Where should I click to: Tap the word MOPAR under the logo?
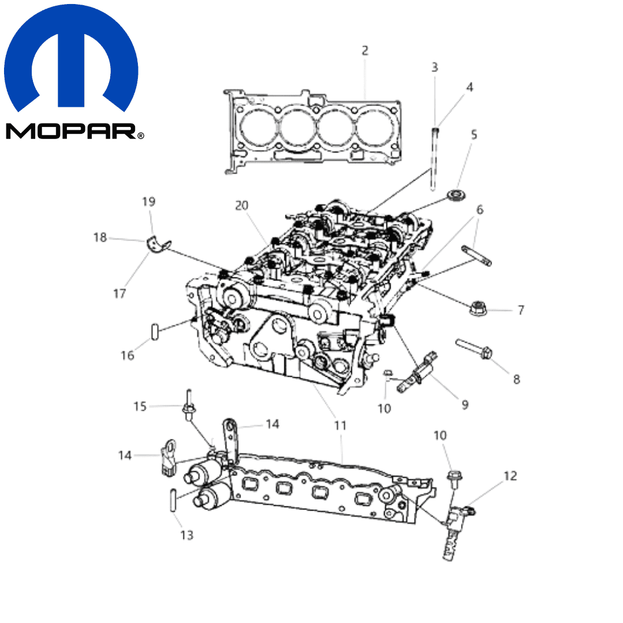pos(72,131)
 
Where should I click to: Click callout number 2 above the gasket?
pos(365,50)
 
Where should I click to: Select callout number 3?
pos(435,67)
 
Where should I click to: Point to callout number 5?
pos(474,134)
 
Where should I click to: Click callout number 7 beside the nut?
pos(521,310)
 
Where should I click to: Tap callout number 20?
pos(242,205)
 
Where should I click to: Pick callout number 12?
pos(510,475)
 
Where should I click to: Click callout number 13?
pos(187,535)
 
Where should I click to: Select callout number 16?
pos(127,355)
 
